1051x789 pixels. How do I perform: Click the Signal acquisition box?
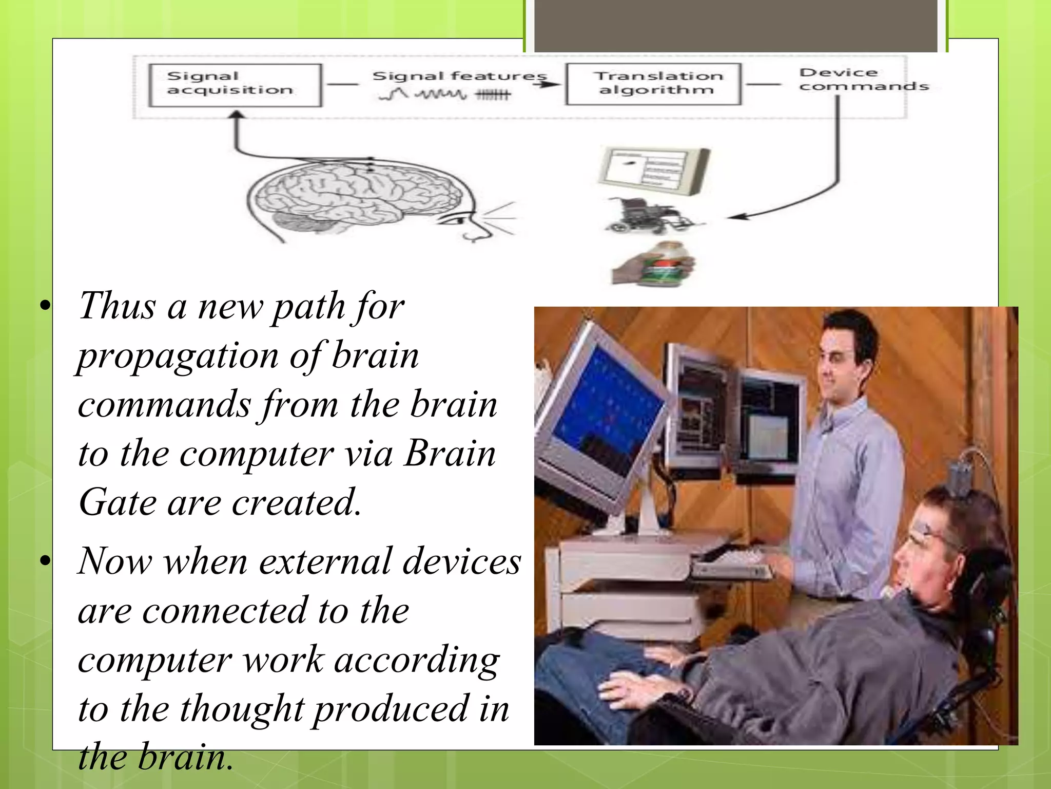click(235, 85)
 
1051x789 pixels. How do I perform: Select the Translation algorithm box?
click(653, 84)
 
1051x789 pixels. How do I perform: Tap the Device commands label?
click(863, 80)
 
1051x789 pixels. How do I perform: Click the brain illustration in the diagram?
click(354, 198)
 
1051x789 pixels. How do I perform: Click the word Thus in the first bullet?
click(117, 306)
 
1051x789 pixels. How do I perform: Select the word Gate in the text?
click(117, 502)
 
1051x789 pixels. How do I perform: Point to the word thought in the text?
click(242, 709)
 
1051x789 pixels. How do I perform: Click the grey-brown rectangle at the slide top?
click(735, 26)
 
